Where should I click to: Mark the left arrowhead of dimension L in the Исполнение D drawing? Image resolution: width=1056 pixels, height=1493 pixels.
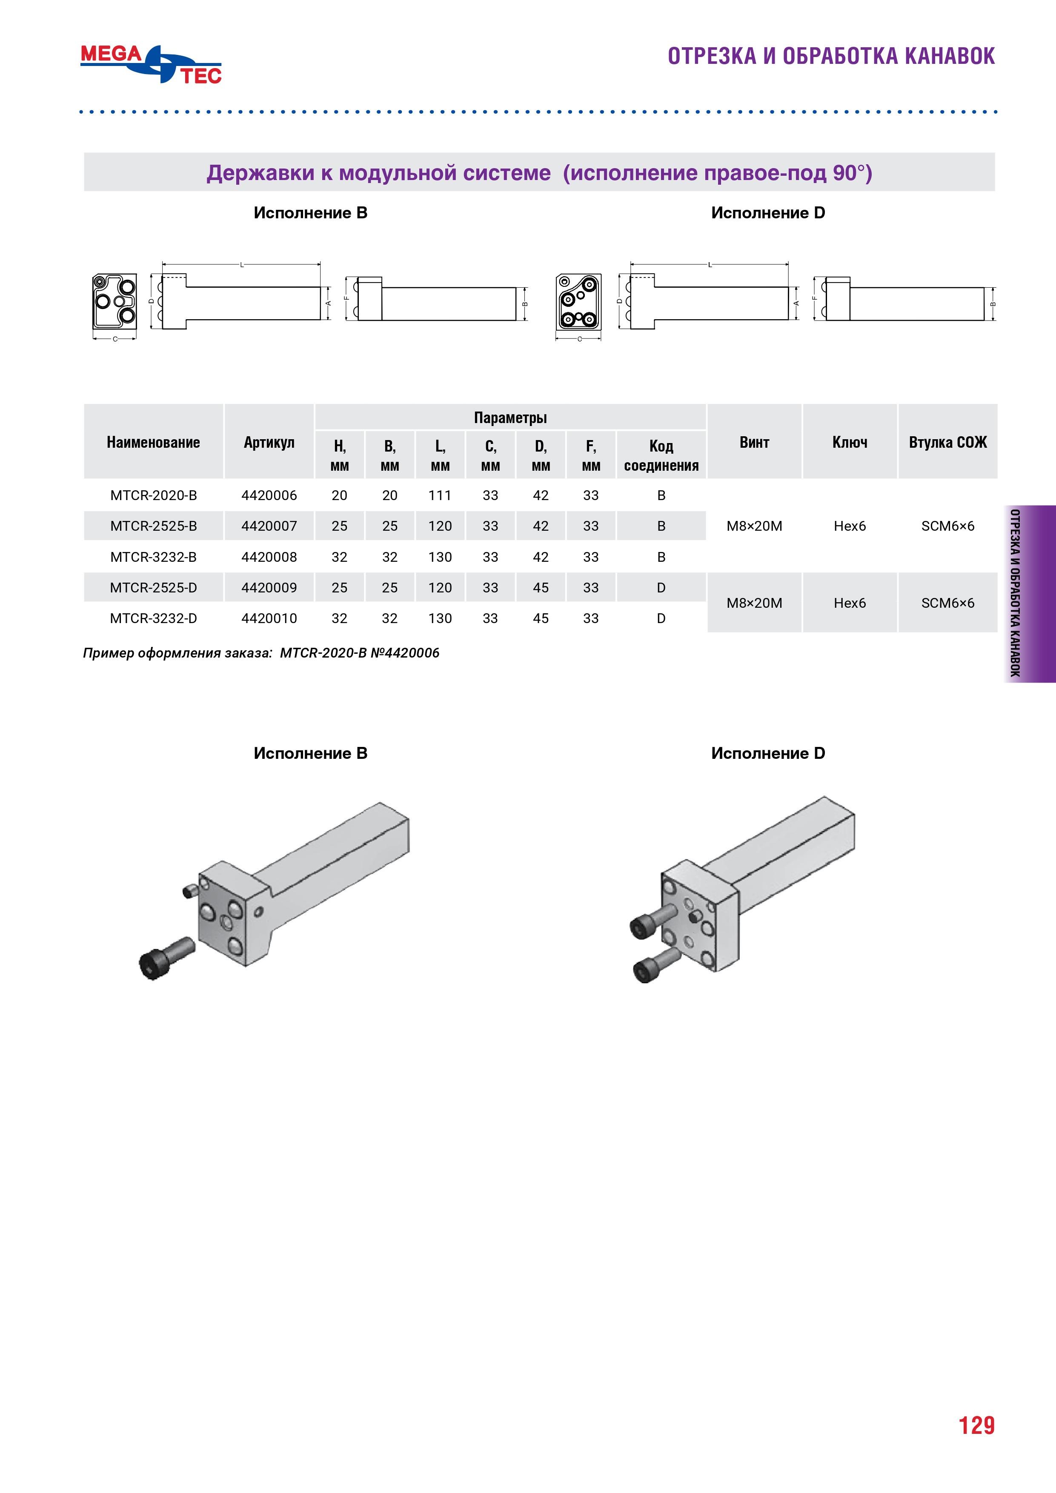632,265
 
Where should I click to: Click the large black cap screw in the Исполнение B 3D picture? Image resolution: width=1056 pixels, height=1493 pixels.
166,957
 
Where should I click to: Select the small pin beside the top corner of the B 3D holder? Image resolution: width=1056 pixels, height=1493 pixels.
190,890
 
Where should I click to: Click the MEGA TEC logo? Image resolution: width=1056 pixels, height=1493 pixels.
151,64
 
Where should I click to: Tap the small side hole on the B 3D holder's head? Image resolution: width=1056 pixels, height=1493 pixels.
258,912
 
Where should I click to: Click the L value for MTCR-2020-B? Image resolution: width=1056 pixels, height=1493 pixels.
440,495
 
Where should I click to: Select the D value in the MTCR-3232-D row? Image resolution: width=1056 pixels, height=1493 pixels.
541,618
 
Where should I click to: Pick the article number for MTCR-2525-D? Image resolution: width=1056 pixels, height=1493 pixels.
269,588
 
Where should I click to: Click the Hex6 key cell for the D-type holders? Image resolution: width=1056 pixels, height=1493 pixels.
850,603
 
